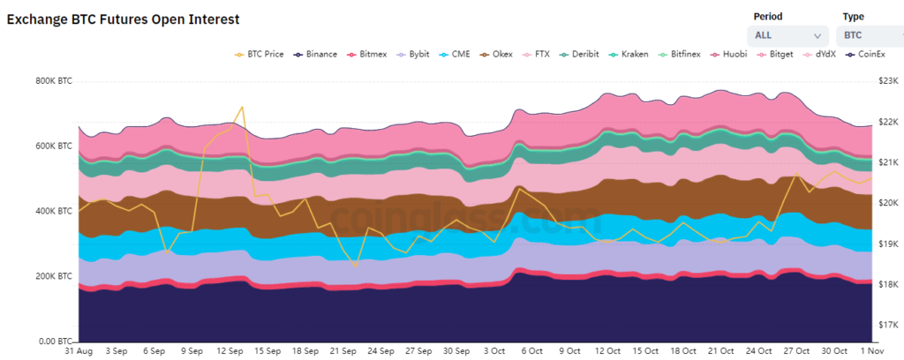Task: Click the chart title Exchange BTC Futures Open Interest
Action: (x=123, y=19)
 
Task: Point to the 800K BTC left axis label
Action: (x=54, y=81)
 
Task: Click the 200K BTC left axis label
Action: (x=54, y=276)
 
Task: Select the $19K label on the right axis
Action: (x=885, y=244)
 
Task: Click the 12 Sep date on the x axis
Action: (x=230, y=350)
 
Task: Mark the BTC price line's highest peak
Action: (x=242, y=107)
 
